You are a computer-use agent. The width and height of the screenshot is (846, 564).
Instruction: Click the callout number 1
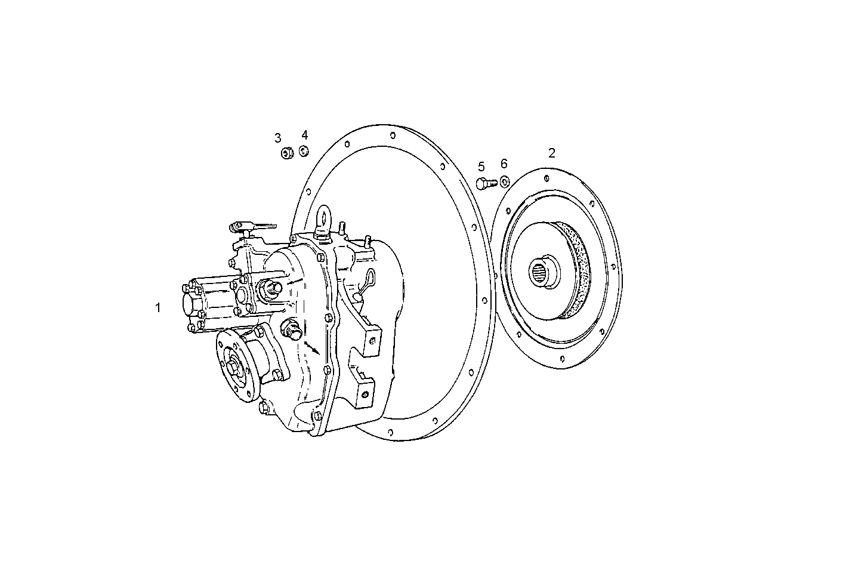(158, 308)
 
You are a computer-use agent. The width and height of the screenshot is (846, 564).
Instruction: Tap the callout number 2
(552, 153)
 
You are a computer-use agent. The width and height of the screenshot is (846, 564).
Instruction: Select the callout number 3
(277, 138)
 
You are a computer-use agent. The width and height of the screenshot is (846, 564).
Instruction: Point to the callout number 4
(304, 135)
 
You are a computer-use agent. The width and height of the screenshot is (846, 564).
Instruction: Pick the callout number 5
(481, 167)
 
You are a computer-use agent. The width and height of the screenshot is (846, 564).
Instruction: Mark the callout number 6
(504, 164)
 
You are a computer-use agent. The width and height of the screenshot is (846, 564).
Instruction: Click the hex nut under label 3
(286, 153)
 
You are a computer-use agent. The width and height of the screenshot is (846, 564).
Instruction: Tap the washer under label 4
(304, 150)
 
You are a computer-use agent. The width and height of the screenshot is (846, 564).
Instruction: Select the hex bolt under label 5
(484, 183)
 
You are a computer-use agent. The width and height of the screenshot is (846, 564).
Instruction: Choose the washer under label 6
(504, 181)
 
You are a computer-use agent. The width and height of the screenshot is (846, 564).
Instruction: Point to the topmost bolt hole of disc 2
(546, 177)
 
